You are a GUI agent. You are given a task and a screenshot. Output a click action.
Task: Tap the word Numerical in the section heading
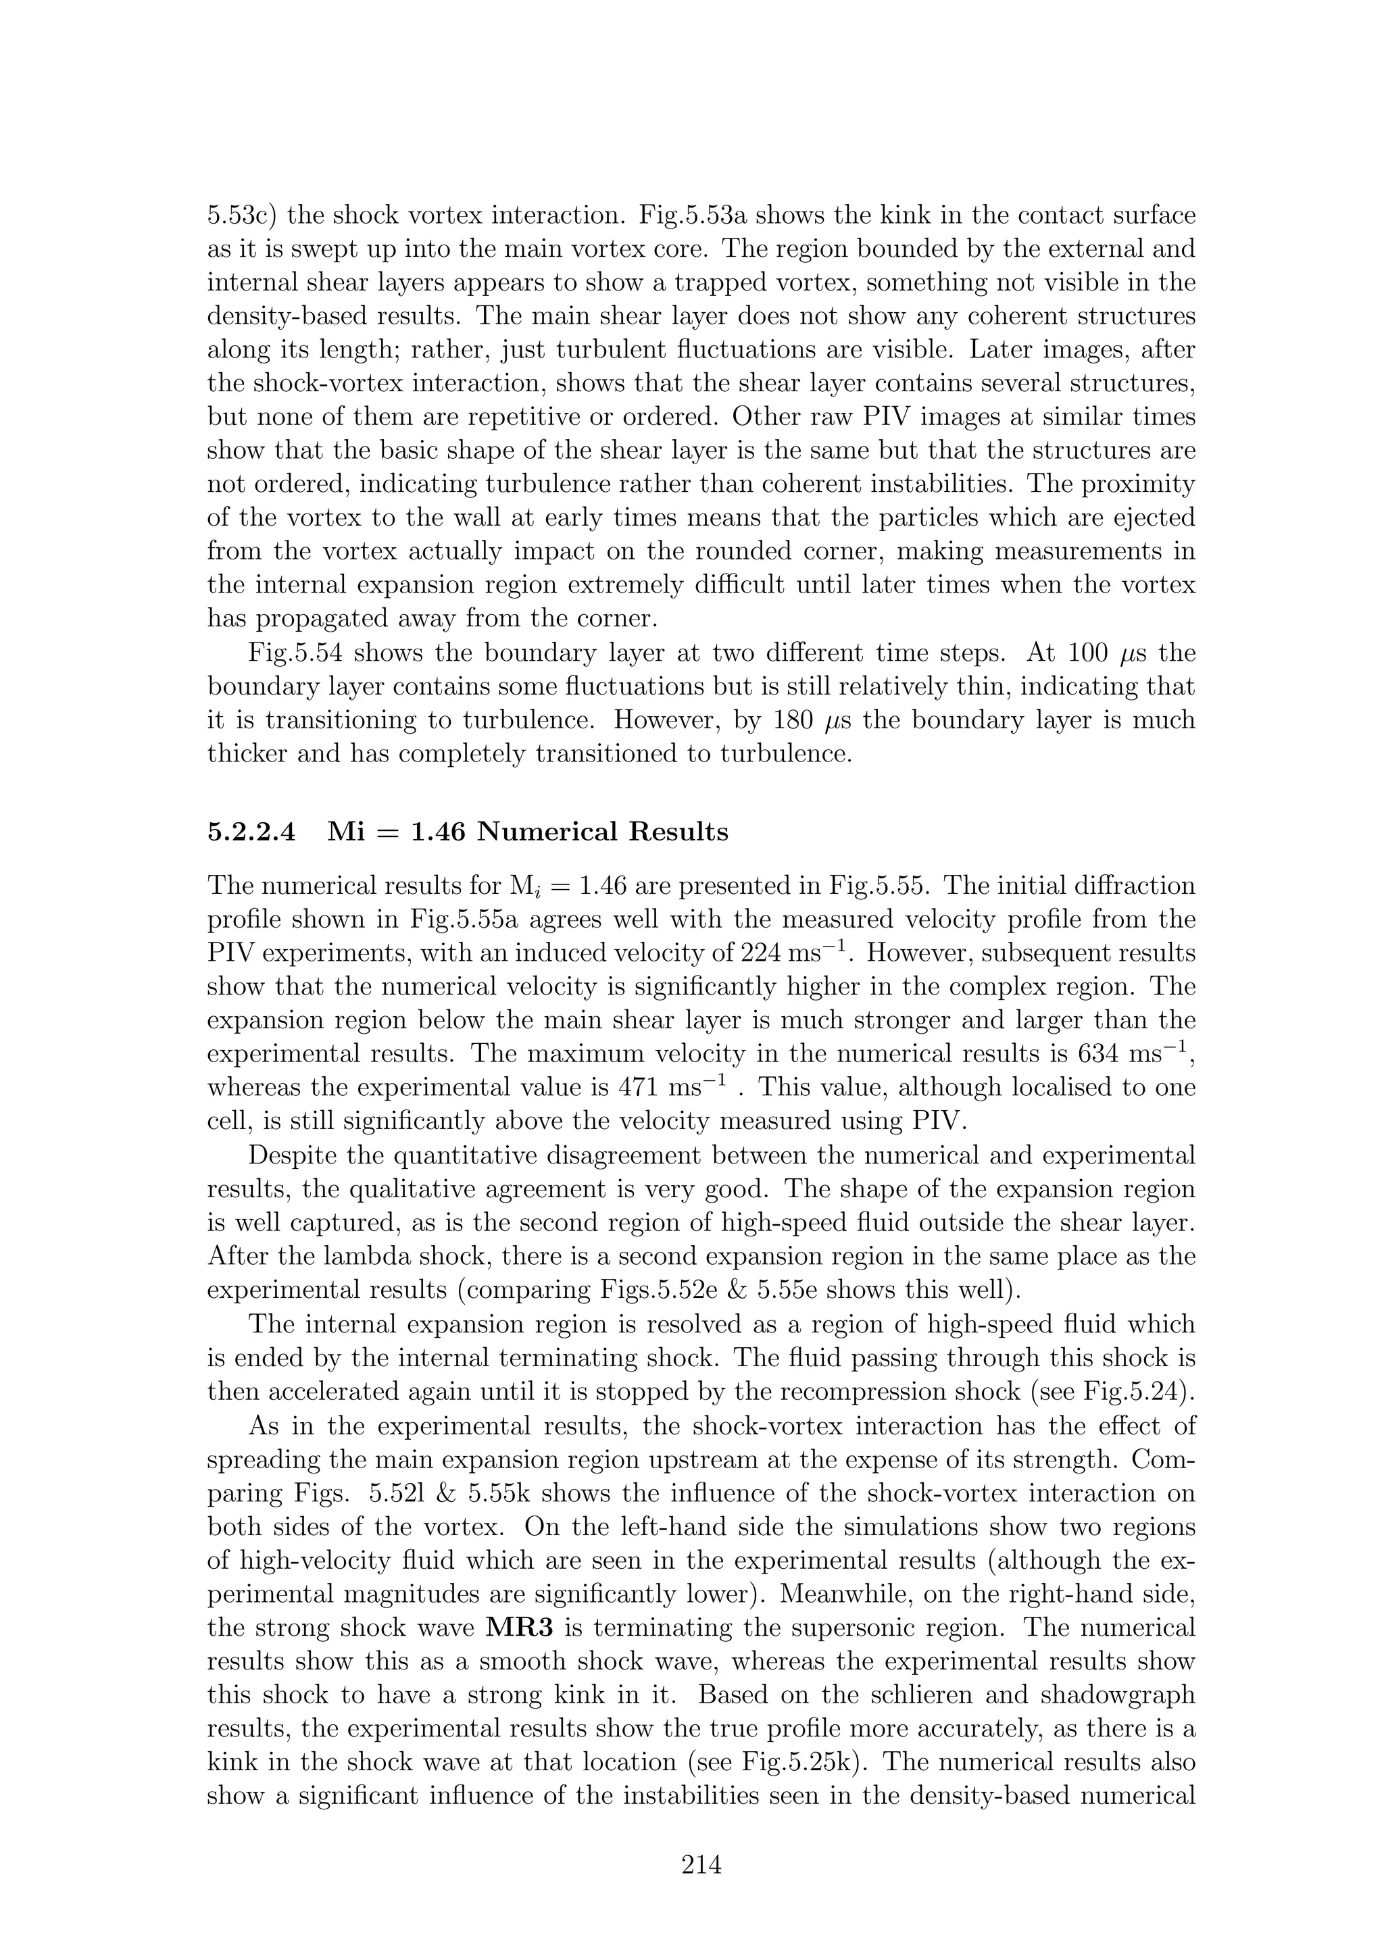546,832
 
